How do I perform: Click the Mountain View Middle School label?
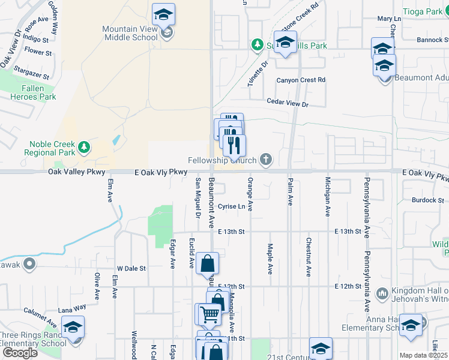click(x=130, y=33)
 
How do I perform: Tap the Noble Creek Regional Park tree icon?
click(x=85, y=146)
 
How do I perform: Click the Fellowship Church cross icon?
click(x=265, y=160)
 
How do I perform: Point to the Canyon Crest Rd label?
click(x=301, y=80)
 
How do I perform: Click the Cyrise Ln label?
click(x=232, y=206)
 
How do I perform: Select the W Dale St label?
click(x=131, y=269)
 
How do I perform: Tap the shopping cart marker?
click(x=209, y=314)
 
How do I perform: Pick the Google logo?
click(x=20, y=352)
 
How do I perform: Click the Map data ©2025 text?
click(x=423, y=355)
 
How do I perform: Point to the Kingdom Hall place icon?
click(x=382, y=293)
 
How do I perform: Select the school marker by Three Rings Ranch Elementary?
click(x=73, y=328)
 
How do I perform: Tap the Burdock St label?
click(x=428, y=200)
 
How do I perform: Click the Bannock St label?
click(x=434, y=40)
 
